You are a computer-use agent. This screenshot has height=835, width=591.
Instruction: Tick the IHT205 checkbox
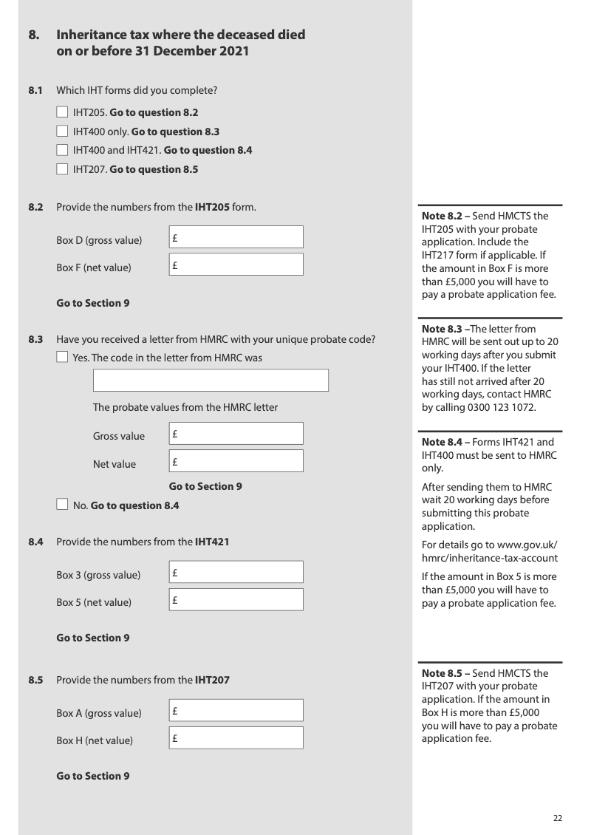62,113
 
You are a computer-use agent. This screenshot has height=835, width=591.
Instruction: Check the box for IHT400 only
62,132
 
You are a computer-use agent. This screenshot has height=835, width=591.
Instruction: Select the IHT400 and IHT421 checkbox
62,151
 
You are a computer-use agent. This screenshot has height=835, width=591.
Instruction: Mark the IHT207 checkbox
62,169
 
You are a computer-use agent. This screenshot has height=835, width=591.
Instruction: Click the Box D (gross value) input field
236,237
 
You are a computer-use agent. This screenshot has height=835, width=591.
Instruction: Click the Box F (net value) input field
236,265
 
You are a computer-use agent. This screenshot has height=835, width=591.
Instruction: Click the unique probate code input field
211,381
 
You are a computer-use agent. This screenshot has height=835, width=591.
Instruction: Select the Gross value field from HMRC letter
236,434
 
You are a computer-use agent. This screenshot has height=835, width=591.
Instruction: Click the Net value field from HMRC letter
236,461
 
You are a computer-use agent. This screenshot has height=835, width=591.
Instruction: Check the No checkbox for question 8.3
62,505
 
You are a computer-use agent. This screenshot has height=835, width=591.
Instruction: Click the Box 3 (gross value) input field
236,572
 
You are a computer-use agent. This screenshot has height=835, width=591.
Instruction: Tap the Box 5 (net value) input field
236,599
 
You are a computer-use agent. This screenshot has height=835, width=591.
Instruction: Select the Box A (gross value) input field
236,710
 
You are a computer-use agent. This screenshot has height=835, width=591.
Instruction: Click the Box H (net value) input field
236,737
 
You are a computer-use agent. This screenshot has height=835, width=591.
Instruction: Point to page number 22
558,817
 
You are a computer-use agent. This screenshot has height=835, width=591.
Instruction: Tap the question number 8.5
36,680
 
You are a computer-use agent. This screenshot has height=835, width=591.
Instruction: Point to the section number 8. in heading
34,35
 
